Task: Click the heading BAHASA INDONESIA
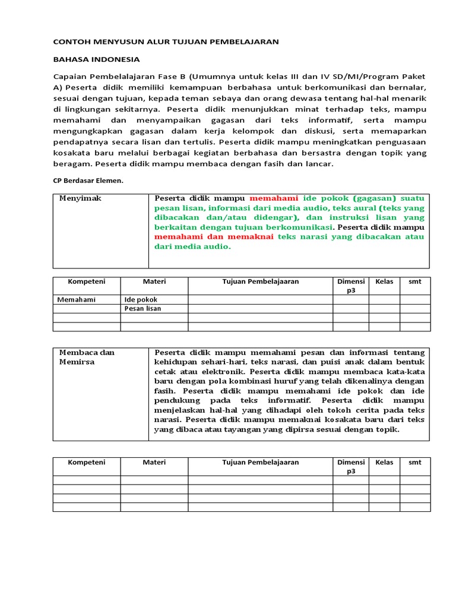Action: click(96, 59)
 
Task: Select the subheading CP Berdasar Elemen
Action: click(88, 180)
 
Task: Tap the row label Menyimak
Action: click(80, 198)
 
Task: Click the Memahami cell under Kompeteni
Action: click(77, 300)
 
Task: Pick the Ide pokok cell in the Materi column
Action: click(141, 300)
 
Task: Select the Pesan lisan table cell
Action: click(143, 309)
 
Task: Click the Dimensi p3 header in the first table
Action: click(350, 286)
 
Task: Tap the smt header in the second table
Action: click(414, 462)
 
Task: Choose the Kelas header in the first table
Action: click(384, 281)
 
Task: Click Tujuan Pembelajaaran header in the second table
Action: click(260, 462)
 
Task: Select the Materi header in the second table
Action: click(154, 462)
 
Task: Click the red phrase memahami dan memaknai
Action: click(214, 236)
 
